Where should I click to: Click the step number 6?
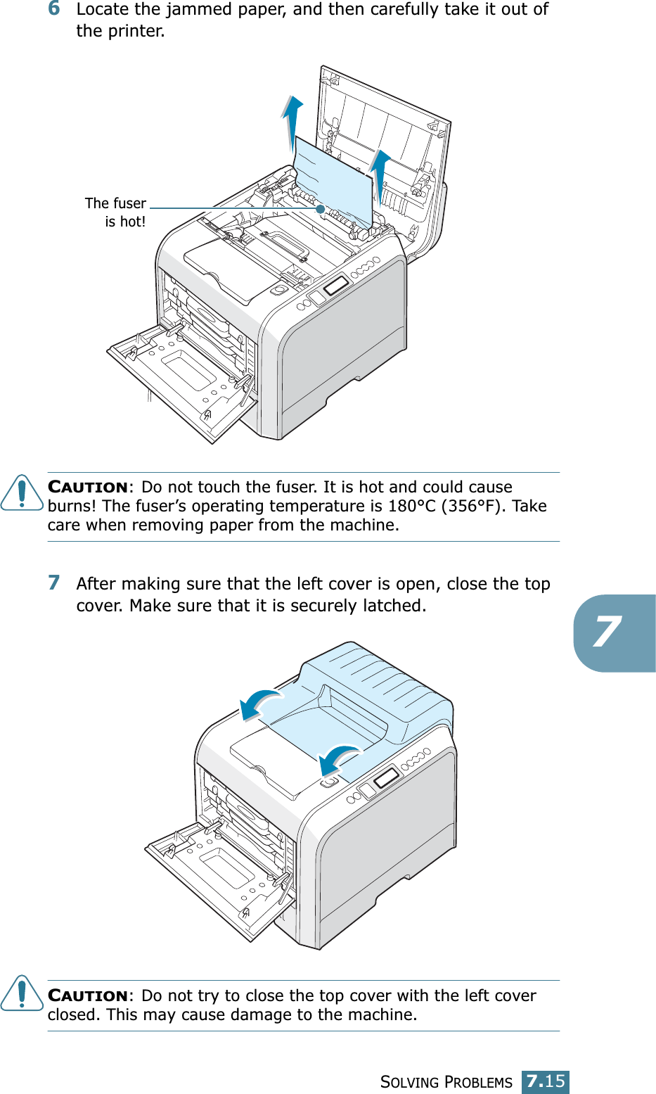point(54,8)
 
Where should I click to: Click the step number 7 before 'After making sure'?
point(54,583)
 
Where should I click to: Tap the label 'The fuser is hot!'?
point(116,212)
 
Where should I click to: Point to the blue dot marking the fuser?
point(320,209)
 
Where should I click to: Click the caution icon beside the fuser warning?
point(22,492)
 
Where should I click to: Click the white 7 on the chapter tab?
point(606,632)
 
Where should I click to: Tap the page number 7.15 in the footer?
point(546,1081)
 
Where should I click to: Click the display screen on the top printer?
point(336,285)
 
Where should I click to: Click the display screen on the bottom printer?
point(386,778)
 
